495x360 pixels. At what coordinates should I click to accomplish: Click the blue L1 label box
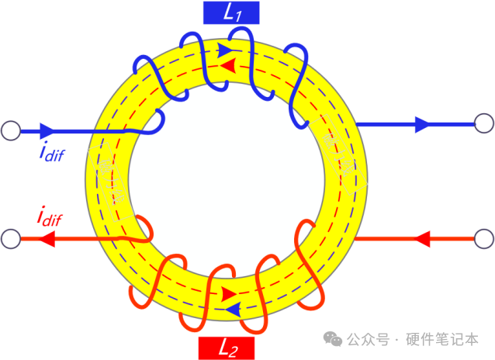click(x=230, y=12)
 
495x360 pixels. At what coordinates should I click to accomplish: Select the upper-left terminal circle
click(x=11, y=130)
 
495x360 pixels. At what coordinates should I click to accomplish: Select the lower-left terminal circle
click(x=11, y=238)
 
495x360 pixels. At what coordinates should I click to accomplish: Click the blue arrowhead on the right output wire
click(x=424, y=123)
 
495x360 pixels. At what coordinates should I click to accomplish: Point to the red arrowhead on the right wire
click(x=422, y=237)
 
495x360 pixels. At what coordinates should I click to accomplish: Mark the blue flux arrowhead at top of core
click(x=226, y=51)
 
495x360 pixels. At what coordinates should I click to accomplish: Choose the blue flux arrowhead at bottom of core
click(x=232, y=310)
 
